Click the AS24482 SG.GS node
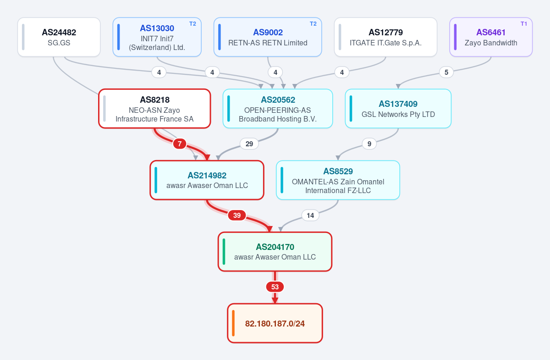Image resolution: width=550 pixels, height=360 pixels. tap(59, 37)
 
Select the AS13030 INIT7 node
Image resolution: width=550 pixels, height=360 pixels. tap(157, 37)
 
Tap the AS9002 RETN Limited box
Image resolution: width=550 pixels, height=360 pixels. tap(268, 37)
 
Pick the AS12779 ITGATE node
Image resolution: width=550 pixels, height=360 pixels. tap(385, 37)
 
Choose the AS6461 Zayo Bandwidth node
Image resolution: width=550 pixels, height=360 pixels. tap(491, 37)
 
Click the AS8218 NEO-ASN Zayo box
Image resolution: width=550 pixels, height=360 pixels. tap(155, 109)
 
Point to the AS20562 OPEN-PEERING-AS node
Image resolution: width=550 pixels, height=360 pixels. tap(278, 109)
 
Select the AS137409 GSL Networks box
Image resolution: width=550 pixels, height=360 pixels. tap(398, 109)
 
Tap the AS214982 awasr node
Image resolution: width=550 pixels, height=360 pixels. tap(207, 180)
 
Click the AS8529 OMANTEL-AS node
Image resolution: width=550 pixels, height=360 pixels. tap(338, 180)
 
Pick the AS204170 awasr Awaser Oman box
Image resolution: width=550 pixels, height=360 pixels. tap(275, 252)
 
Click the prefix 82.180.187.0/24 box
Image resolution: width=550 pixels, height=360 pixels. tap(275, 323)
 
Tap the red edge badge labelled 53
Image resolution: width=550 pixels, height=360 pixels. tap(275, 287)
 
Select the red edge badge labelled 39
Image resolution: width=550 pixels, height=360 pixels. tap(237, 215)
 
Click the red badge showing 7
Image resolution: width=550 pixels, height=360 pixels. tap(180, 144)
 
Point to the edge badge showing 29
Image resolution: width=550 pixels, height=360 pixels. tap(249, 144)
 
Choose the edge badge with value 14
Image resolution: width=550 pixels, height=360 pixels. tap(310, 216)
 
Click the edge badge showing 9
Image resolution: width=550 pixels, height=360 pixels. tap(369, 144)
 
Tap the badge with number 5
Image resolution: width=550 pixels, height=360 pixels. tap(446, 72)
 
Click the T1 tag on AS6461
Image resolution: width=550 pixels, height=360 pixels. tap(524, 24)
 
